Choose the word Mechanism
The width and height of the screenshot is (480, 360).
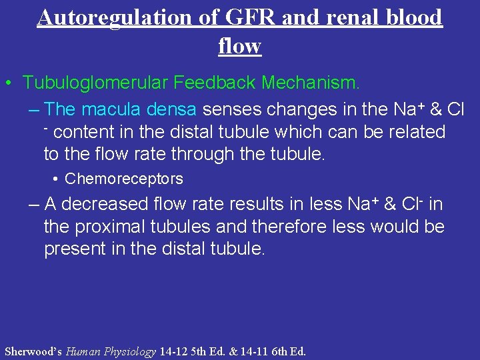tap(311, 83)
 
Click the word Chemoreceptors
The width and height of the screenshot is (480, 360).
tap(124, 179)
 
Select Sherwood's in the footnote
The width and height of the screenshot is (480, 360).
tap(33, 351)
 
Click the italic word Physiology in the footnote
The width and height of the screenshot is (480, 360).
tap(133, 351)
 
